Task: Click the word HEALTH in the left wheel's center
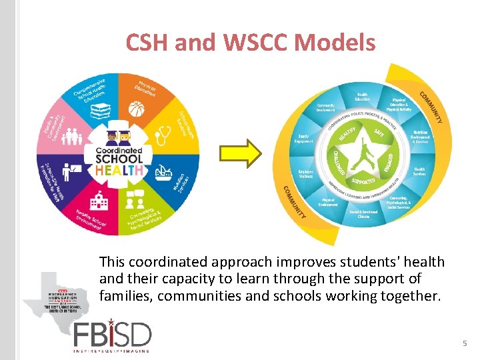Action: (120, 170)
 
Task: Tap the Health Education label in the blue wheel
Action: (362, 97)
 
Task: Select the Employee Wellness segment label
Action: (306, 173)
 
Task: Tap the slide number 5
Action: (465, 343)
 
